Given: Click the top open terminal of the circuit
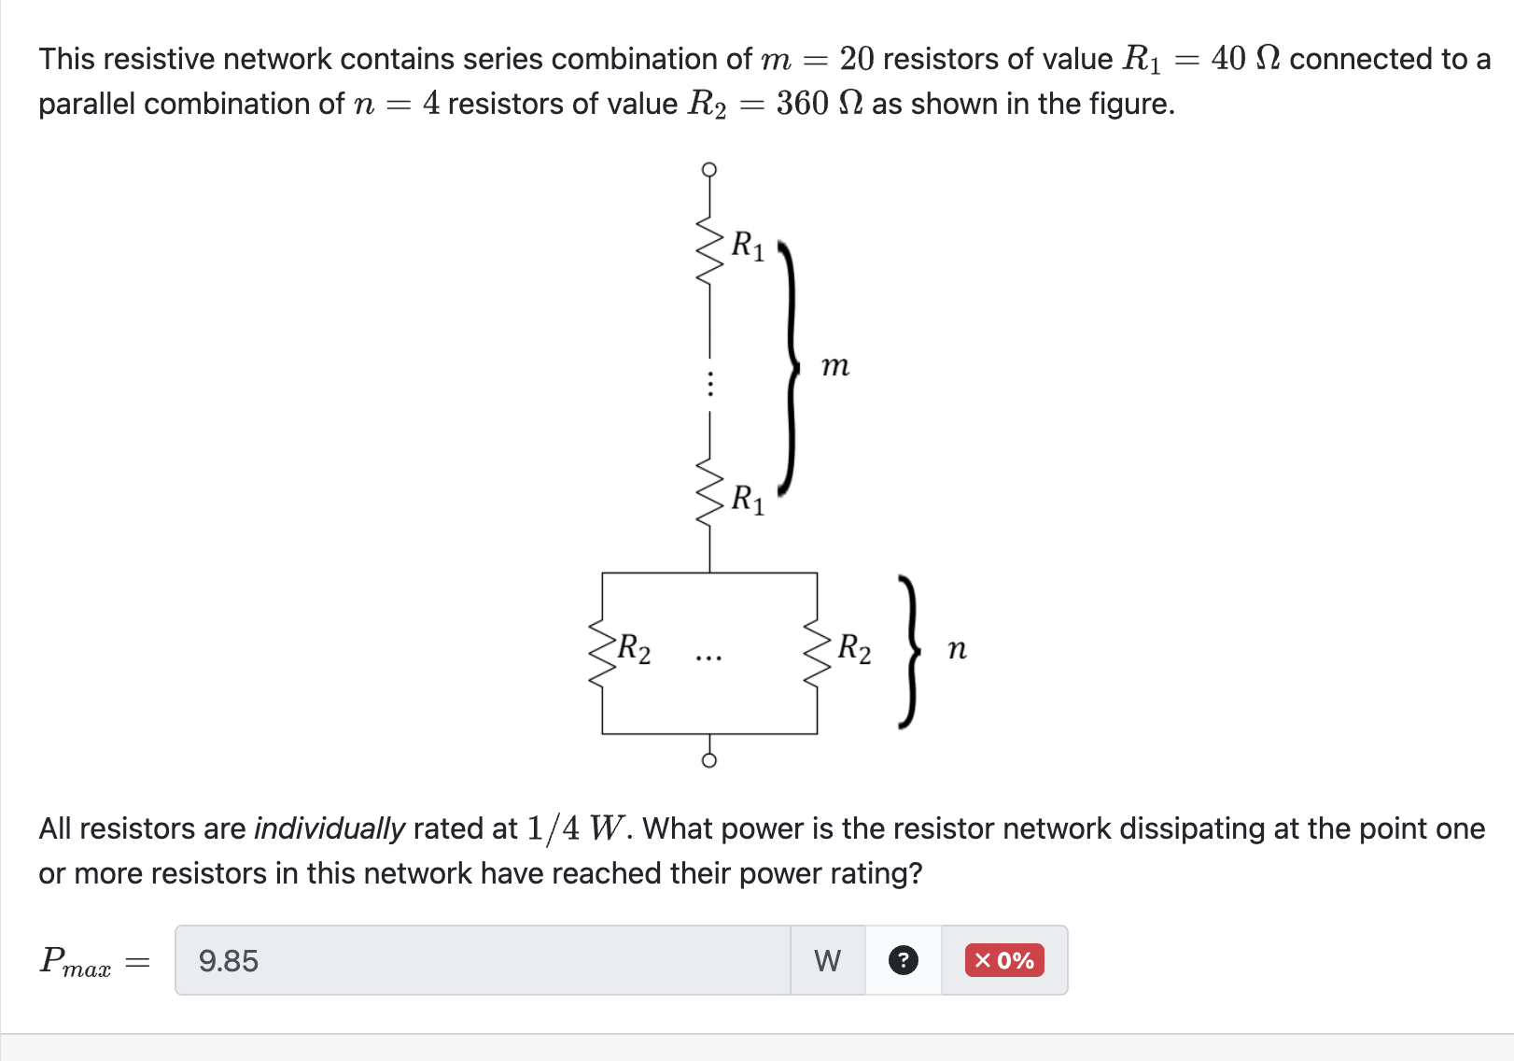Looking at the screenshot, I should (709, 169).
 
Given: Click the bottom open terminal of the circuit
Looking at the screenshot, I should (709, 760).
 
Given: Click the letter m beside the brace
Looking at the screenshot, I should (835, 366).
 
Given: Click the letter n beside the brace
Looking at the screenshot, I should (957, 649).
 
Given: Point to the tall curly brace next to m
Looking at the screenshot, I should (790, 366).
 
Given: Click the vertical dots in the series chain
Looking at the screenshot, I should (709, 384).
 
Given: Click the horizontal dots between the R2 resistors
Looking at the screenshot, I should (708, 658).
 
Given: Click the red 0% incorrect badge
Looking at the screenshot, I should (1004, 960).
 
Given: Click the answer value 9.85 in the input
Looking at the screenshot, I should (229, 961).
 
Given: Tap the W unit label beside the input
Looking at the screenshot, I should (827, 961).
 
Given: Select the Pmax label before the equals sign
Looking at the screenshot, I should (76, 961).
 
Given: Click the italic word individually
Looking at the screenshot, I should (329, 828).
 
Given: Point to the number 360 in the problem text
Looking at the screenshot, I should (802, 104).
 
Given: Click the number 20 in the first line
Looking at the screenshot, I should (856, 59).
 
